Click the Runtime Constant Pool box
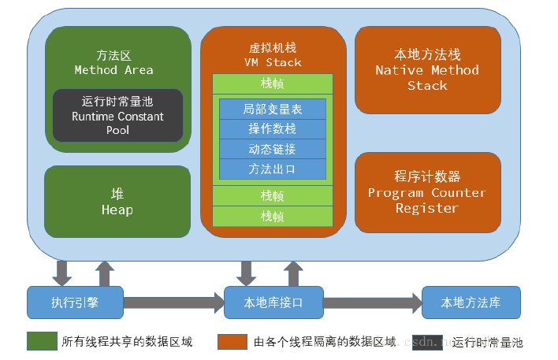pos(117,115)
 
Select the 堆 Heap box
pos(117,202)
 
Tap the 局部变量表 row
pos(273,109)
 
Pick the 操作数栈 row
pos(273,129)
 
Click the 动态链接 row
pos(273,149)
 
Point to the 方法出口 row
pos(273,169)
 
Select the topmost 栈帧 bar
pos(273,84)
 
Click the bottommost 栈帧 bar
pos(273,217)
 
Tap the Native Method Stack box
pos(428,70)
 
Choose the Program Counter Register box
pos(428,192)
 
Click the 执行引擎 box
pos(75,302)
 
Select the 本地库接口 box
pos(273,302)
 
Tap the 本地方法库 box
pos(471,302)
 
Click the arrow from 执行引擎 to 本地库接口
pos(174,302)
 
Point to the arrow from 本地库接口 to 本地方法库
pos(373,302)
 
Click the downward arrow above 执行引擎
pos(62,273)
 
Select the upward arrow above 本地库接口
pos(293,274)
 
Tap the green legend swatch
pos(42,341)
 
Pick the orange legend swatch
pos(232,342)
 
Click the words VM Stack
pos(273,62)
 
